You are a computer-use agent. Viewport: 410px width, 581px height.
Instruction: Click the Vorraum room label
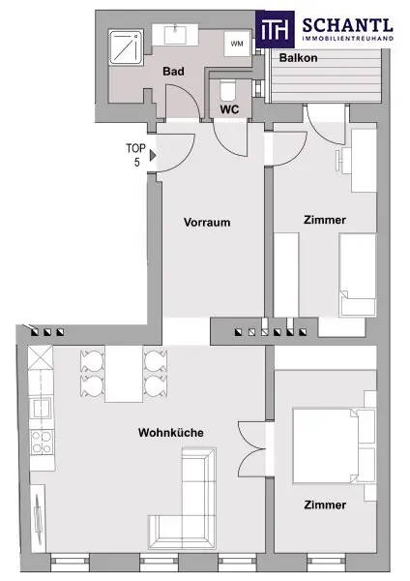207,223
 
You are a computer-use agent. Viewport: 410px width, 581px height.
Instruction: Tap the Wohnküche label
171,433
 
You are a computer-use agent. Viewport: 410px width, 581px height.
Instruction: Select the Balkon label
298,58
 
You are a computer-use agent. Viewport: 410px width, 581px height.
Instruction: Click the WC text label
229,109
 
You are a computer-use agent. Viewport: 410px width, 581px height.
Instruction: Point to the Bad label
173,71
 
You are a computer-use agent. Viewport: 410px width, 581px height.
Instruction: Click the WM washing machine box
237,44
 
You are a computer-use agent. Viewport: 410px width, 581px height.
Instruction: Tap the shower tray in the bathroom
126,47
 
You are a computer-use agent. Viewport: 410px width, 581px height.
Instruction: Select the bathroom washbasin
175,35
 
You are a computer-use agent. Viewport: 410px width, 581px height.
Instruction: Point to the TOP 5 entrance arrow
153,155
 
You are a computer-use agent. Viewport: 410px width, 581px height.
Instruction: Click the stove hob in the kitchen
42,443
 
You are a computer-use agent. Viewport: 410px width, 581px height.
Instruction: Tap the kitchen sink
41,409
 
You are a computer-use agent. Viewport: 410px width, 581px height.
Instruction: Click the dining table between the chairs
124,374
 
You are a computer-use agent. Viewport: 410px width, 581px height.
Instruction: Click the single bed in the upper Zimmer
358,275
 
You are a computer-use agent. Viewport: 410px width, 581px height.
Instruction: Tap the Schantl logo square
275,30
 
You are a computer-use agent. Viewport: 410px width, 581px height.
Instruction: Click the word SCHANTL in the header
347,25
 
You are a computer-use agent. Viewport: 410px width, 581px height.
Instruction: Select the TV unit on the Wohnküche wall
38,518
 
